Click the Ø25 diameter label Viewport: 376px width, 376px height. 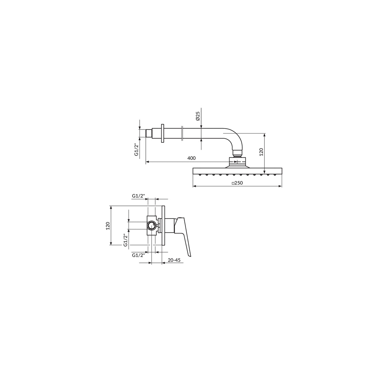[x=198, y=116]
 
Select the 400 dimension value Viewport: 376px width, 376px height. [x=191, y=158]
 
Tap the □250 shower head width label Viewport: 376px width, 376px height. [x=237, y=183]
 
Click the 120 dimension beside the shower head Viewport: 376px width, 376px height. [x=261, y=152]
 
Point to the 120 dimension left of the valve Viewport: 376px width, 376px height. [x=108, y=226]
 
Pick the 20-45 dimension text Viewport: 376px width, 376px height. [x=174, y=260]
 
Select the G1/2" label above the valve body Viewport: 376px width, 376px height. [x=138, y=196]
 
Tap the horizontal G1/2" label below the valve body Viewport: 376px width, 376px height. [x=138, y=255]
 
